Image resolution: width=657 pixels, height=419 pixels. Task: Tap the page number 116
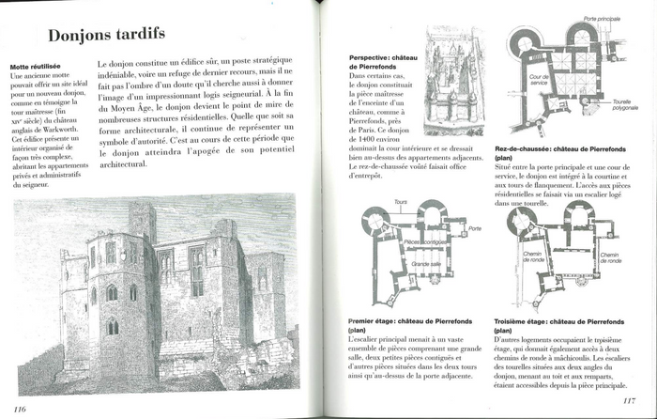point(24,406)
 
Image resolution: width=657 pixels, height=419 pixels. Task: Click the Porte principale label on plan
point(602,19)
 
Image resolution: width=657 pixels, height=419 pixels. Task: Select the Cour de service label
point(539,80)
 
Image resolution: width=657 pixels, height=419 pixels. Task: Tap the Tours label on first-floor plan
point(401,202)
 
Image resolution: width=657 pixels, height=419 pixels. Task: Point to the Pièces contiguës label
point(425,242)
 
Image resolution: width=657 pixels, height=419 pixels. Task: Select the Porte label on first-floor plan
point(475,228)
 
